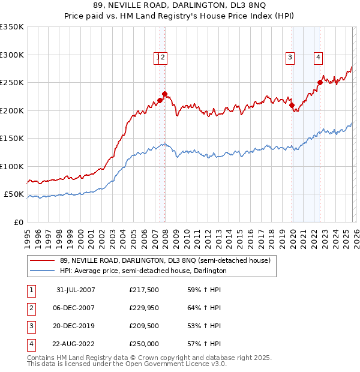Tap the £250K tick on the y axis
tap(12, 82)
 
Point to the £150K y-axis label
tap(12, 138)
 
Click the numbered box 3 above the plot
tap(290, 58)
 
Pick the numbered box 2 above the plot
tap(163, 58)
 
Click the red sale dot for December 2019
tap(292, 106)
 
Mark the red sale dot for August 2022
tap(320, 83)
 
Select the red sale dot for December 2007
tap(164, 94)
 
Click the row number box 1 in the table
tap(31, 290)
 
